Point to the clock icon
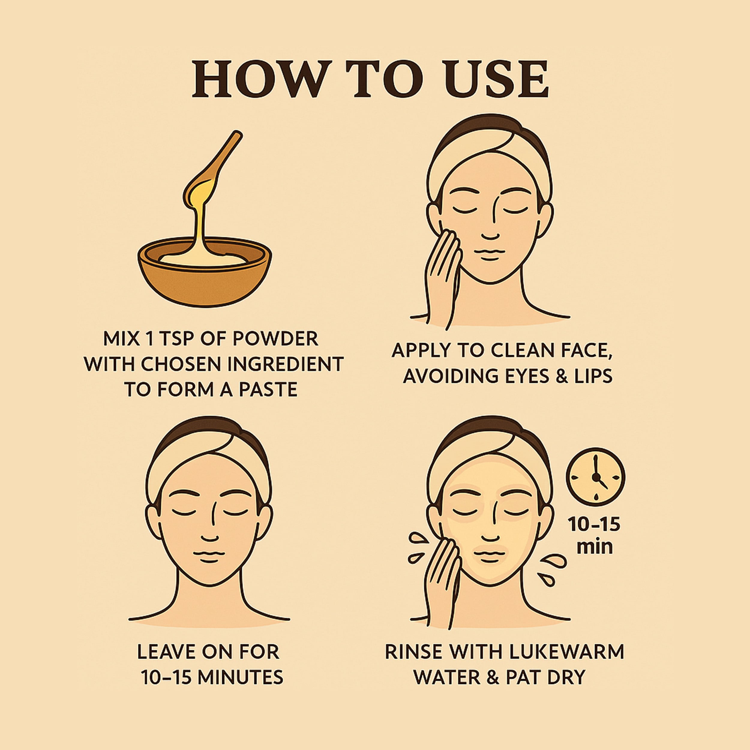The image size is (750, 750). coord(596,477)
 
